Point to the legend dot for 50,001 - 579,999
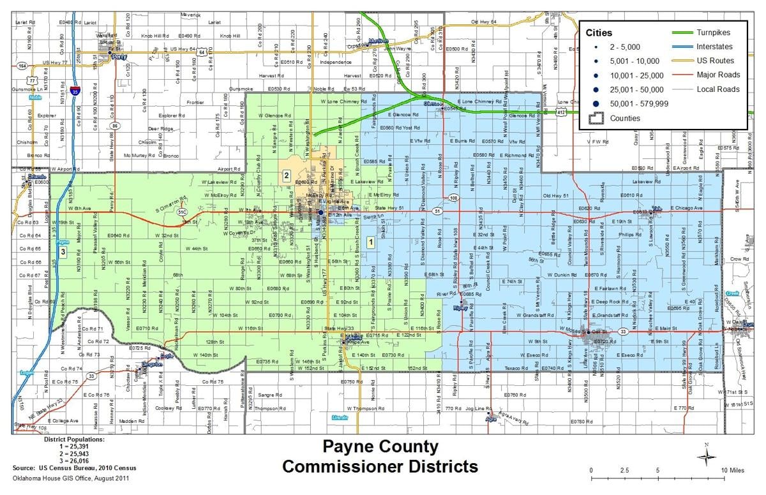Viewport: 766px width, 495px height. [594, 103]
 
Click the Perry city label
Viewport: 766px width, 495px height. [119, 56]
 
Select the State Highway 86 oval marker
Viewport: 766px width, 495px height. [115, 126]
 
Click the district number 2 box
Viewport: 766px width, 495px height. [287, 175]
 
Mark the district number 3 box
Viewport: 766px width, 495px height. [63, 253]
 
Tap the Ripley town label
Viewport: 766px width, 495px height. [460, 307]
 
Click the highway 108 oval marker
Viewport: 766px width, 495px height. [453, 198]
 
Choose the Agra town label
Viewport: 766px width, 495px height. [491, 420]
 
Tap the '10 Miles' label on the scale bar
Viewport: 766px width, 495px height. [732, 470]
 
